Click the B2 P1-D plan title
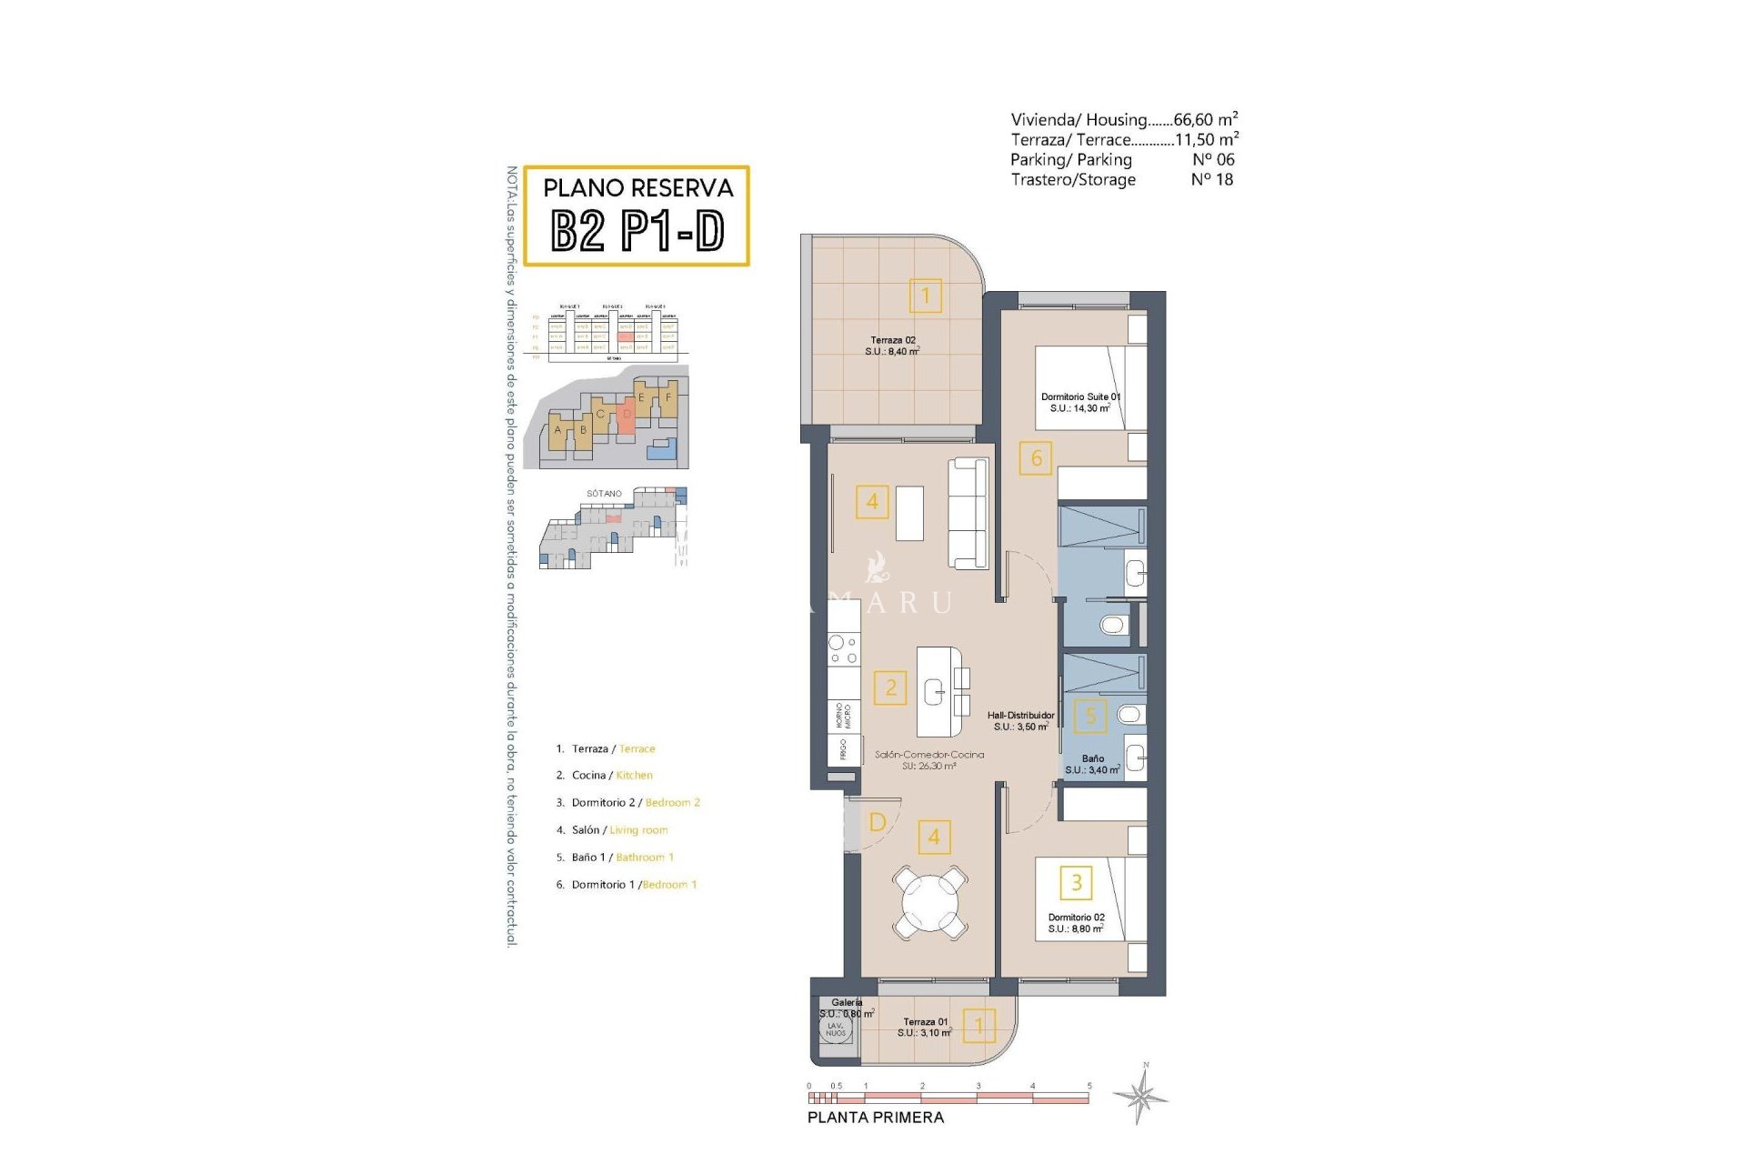point(637,230)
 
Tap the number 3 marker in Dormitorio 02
point(1076,882)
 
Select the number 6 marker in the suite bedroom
point(1036,458)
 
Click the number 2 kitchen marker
point(890,687)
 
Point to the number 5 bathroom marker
point(1090,716)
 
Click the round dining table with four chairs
point(929,903)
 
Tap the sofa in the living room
point(968,513)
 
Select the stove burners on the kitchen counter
point(843,649)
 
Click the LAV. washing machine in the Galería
point(835,1029)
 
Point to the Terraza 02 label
point(892,346)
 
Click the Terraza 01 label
point(925,1027)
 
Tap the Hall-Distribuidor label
point(1020,721)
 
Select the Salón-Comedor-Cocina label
point(928,759)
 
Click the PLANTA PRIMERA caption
point(875,1118)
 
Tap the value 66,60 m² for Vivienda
point(1205,119)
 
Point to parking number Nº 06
point(1212,160)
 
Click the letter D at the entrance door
point(877,822)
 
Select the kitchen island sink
point(935,693)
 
